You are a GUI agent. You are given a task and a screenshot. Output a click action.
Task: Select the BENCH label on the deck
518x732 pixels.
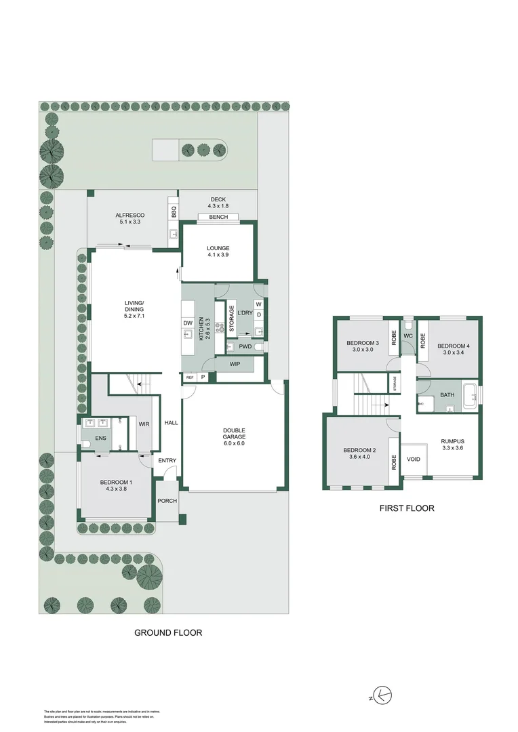pyautogui.click(x=218, y=218)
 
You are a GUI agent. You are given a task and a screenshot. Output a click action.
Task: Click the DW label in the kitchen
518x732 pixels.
pyautogui.click(x=188, y=323)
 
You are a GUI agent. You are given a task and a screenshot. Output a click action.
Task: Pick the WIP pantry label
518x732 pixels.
pyautogui.click(x=235, y=365)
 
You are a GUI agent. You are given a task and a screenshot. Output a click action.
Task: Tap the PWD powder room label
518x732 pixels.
pyautogui.click(x=245, y=346)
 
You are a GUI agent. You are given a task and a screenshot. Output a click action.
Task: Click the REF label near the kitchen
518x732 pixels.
pyautogui.click(x=190, y=377)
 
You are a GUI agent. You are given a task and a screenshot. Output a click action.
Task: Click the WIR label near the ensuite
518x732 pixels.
pyautogui.click(x=144, y=424)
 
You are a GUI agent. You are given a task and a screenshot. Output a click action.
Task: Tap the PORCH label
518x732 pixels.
pyautogui.click(x=167, y=502)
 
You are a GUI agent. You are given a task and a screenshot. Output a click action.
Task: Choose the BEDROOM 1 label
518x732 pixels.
pyautogui.click(x=116, y=485)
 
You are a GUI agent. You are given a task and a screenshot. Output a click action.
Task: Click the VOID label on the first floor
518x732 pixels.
pyautogui.click(x=414, y=460)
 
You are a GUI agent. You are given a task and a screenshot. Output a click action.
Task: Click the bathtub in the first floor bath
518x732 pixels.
pyautogui.click(x=470, y=395)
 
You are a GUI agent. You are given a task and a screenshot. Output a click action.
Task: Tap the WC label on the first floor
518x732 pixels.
pyautogui.click(x=408, y=336)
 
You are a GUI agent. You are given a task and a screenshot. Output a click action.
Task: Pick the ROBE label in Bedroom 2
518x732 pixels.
pyautogui.click(x=394, y=462)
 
